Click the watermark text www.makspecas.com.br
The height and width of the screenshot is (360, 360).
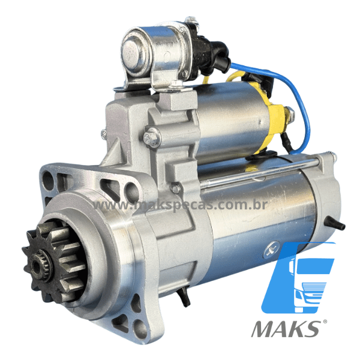pyautogui.click(x=180, y=205)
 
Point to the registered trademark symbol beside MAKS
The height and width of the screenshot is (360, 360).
pyautogui.click(x=325, y=322)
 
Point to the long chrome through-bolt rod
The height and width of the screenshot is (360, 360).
pyautogui.click(x=258, y=172)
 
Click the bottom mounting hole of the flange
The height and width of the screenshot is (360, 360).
pyautogui.click(x=139, y=328)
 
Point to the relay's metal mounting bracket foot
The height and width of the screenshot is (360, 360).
pyautogui.click(x=123, y=88)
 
